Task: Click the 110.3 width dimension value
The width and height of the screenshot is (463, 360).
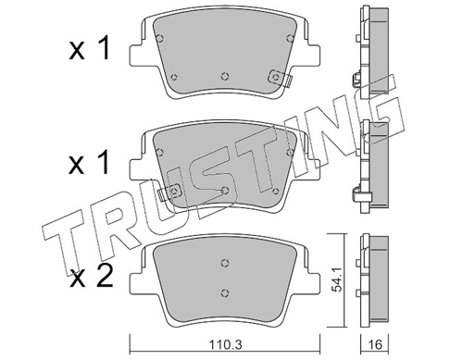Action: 225,344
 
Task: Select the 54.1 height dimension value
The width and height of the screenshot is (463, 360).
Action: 337,280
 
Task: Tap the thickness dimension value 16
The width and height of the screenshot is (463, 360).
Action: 375,344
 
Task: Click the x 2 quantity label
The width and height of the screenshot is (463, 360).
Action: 91,277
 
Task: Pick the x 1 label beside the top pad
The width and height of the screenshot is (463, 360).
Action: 89,48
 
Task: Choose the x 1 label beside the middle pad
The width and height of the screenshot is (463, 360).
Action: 89,163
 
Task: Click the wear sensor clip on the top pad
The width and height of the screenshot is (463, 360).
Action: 280,78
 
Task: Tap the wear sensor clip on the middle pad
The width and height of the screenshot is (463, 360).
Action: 170,192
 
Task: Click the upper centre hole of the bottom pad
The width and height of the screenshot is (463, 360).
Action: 225,263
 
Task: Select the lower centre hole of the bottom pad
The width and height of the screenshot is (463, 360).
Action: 225,292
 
